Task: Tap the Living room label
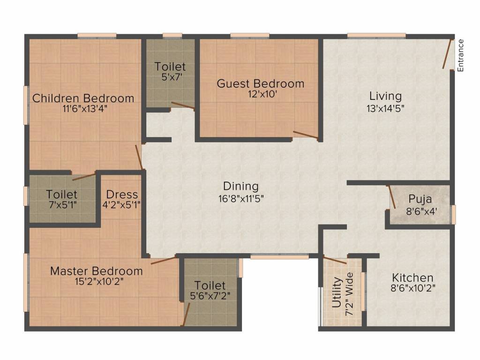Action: pyautogui.click(x=385, y=96)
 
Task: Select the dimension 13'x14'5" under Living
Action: pyautogui.click(x=385, y=108)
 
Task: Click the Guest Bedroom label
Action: pyautogui.click(x=260, y=84)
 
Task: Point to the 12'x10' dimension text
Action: pyautogui.click(x=260, y=94)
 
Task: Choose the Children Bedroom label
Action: pyautogui.click(x=83, y=98)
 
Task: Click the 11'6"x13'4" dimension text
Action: pyautogui.click(x=83, y=109)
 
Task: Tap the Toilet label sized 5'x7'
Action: pyautogui.click(x=170, y=67)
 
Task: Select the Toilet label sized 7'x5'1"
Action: pyautogui.click(x=62, y=194)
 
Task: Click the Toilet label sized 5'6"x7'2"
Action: pyautogui.click(x=210, y=285)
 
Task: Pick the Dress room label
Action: pyautogui.click(x=122, y=194)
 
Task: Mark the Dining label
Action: pyautogui.click(x=240, y=186)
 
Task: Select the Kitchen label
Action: pyautogui.click(x=412, y=277)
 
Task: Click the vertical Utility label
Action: pyautogui.click(x=337, y=292)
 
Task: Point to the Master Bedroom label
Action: pyautogui.click(x=96, y=271)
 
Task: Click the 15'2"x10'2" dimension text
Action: pyautogui.click(x=96, y=282)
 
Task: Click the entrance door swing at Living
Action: pyautogui.click(x=448, y=54)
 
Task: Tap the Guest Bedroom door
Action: pyautogui.click(x=305, y=135)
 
